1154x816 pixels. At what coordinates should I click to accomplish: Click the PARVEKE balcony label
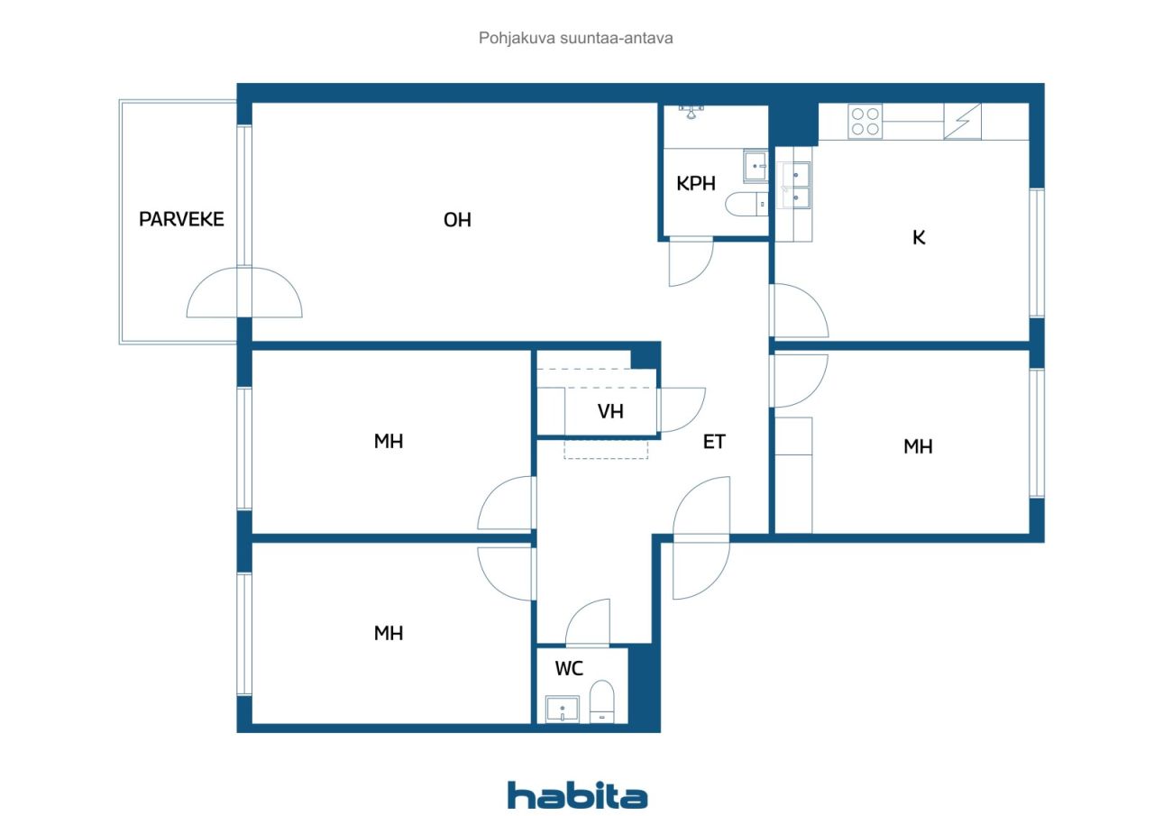181,219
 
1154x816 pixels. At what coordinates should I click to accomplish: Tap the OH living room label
457,220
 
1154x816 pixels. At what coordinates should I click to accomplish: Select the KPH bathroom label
696,183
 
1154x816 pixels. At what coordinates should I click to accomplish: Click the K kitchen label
919,237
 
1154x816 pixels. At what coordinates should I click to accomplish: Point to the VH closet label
610,411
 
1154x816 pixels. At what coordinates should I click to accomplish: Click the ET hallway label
714,442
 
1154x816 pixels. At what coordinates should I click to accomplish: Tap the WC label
569,669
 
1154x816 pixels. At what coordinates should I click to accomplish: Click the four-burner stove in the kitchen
865,121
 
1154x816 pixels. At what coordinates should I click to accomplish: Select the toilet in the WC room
601,701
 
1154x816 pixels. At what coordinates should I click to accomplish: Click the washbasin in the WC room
562,710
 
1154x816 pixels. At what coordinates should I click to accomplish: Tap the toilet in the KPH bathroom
746,205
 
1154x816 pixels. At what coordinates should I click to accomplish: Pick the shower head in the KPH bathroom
691,111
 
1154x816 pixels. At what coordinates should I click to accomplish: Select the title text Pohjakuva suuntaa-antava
575,38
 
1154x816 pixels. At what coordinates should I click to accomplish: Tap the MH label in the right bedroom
918,446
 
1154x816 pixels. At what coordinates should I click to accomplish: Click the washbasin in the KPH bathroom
756,166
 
